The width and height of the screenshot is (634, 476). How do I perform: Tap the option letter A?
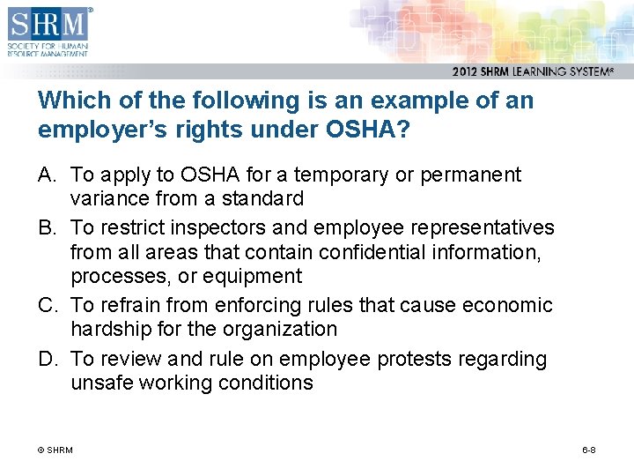47,175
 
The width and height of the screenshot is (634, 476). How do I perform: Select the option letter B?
47,227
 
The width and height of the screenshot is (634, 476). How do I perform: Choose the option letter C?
47,305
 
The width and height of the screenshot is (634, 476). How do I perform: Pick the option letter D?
47,359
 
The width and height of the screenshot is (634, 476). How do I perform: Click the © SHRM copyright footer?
55,450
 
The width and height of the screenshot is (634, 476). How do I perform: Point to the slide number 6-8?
589,450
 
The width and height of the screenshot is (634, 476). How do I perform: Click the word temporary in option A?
304,175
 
